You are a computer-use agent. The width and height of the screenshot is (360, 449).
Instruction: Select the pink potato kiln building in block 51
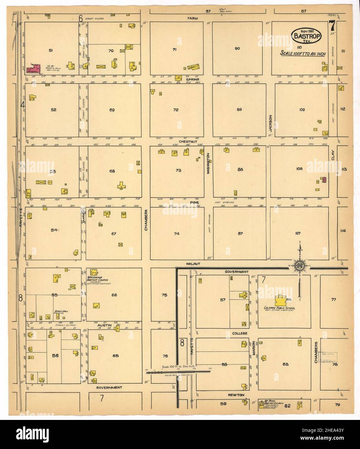click(x=34, y=69)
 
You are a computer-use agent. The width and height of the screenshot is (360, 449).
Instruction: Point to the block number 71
click(x=175, y=49)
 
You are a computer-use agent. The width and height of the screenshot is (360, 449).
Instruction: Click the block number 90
click(x=237, y=48)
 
